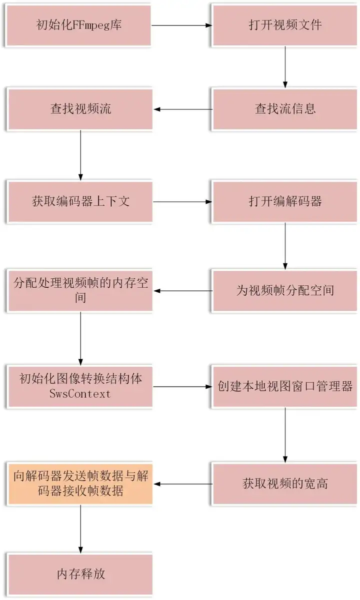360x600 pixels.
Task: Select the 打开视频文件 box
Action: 284,25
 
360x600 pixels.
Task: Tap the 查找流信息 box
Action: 284,109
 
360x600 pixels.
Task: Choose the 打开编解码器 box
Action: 284,201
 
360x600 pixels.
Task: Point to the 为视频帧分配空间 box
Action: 284,290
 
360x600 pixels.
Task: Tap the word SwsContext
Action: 80,394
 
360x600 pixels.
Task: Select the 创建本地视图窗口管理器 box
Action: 284,386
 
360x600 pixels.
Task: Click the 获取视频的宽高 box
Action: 284,483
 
